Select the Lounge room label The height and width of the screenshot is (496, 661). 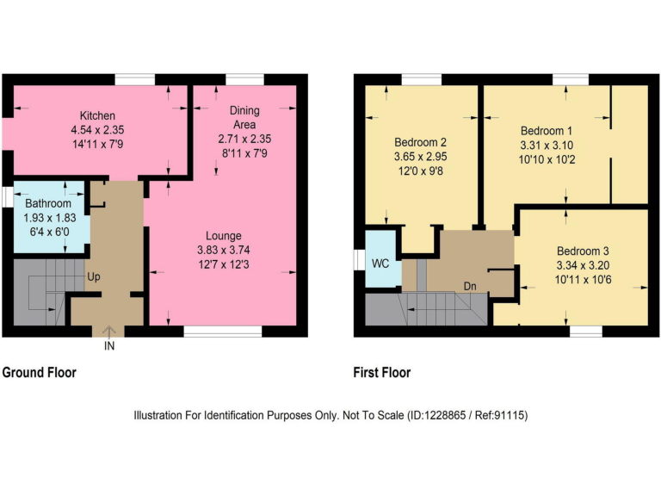tap(223, 236)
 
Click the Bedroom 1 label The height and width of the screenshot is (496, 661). tap(546, 131)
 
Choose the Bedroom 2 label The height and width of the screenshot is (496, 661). tap(420, 142)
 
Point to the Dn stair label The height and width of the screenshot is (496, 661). tap(470, 286)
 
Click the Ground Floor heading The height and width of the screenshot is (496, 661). tap(39, 373)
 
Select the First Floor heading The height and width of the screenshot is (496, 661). tap(382, 373)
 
